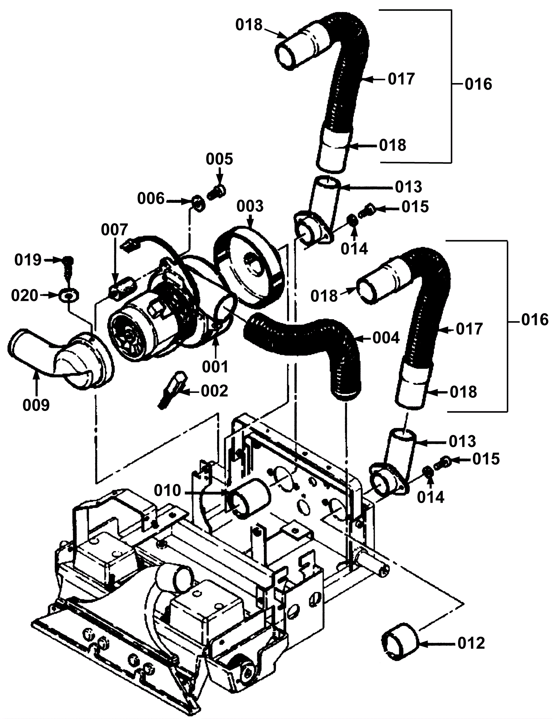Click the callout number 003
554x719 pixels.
point(250,206)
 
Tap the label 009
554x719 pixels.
point(37,405)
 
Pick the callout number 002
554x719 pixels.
point(214,391)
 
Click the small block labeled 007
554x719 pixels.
point(121,285)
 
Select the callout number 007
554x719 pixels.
point(115,230)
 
